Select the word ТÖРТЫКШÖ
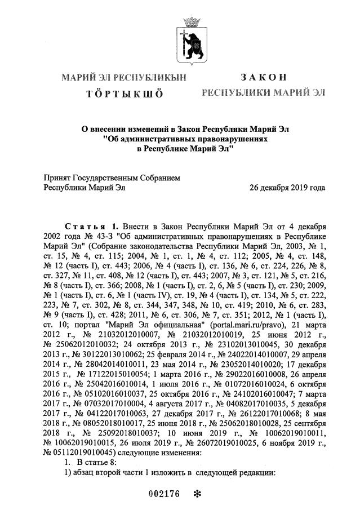tap(125, 94)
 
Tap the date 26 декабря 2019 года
tap(287, 187)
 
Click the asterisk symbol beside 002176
tap(197, 495)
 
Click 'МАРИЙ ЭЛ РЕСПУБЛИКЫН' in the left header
tap(124, 77)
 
